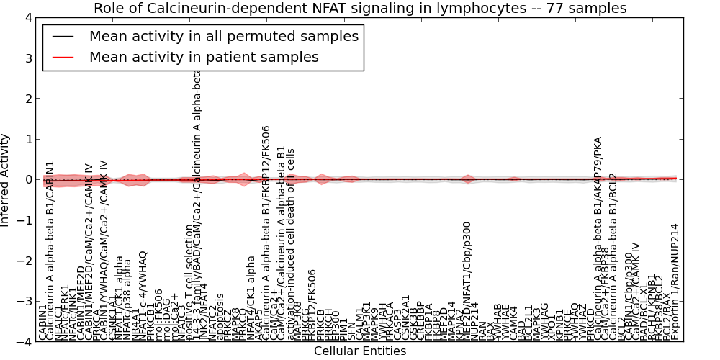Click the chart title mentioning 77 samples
point(360,9)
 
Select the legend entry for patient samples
point(204,57)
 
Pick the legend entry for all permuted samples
point(224,36)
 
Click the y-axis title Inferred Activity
point(6,180)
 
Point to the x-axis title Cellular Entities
point(360,351)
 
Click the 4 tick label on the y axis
point(28,17)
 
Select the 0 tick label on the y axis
point(28,180)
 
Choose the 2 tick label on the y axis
point(28,99)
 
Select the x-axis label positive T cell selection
point(189,281)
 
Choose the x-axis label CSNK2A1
point(406,317)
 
